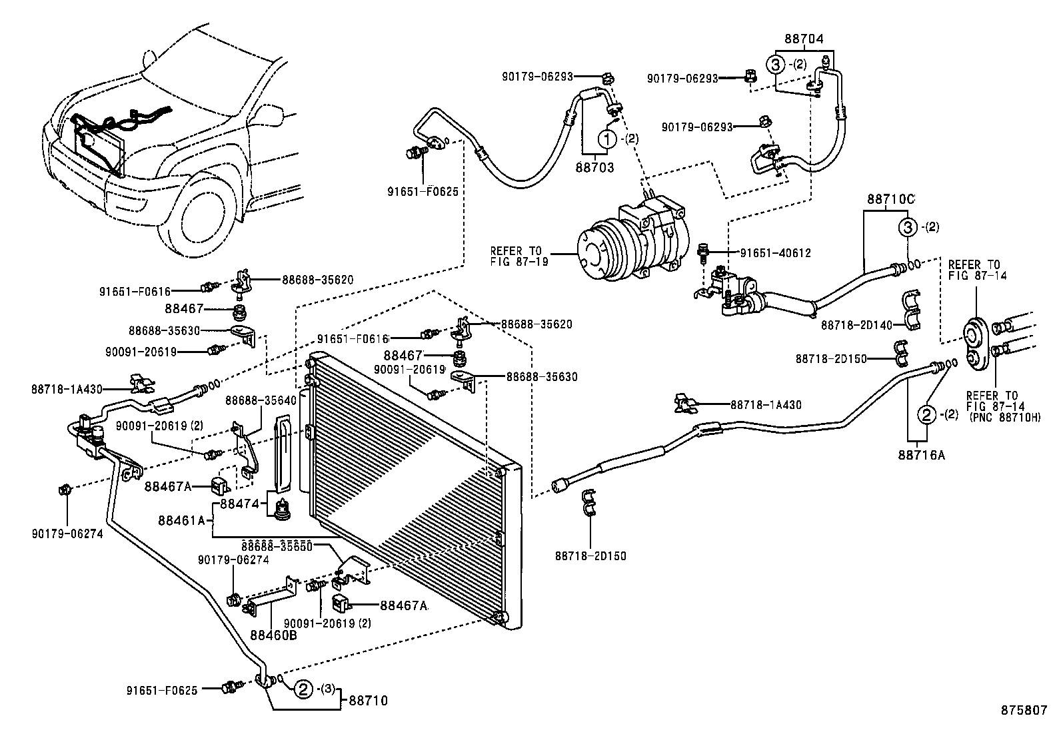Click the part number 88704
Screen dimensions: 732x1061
click(x=804, y=39)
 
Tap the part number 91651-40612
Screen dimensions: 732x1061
click(x=775, y=253)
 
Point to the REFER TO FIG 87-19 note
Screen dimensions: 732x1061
click(x=519, y=256)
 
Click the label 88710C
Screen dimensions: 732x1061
click(x=890, y=199)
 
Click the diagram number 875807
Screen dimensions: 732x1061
click(x=1023, y=711)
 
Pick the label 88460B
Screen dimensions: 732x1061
click(x=273, y=634)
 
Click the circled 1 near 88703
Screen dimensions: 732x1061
click(x=606, y=139)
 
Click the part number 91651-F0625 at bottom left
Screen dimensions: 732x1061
click(x=162, y=690)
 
